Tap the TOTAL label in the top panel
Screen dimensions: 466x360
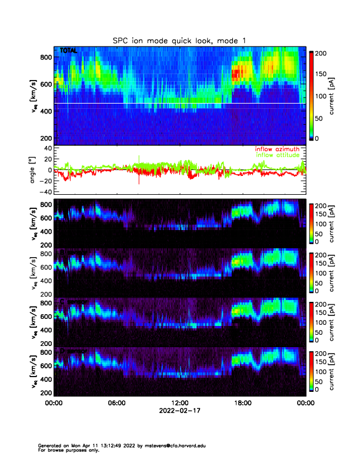[68, 51]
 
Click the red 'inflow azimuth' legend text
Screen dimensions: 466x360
[277, 149]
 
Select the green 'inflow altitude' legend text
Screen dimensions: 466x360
[279, 155]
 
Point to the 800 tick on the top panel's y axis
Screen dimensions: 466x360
[46, 57]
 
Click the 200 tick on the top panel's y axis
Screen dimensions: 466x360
[46, 138]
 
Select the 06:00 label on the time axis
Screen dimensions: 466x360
[116, 403]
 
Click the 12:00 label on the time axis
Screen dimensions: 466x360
[180, 403]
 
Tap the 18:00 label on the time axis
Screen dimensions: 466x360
[243, 403]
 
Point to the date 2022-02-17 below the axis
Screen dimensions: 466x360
[180, 411]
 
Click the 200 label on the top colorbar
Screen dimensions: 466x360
[322, 53]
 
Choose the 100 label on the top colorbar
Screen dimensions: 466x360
[322, 95]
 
